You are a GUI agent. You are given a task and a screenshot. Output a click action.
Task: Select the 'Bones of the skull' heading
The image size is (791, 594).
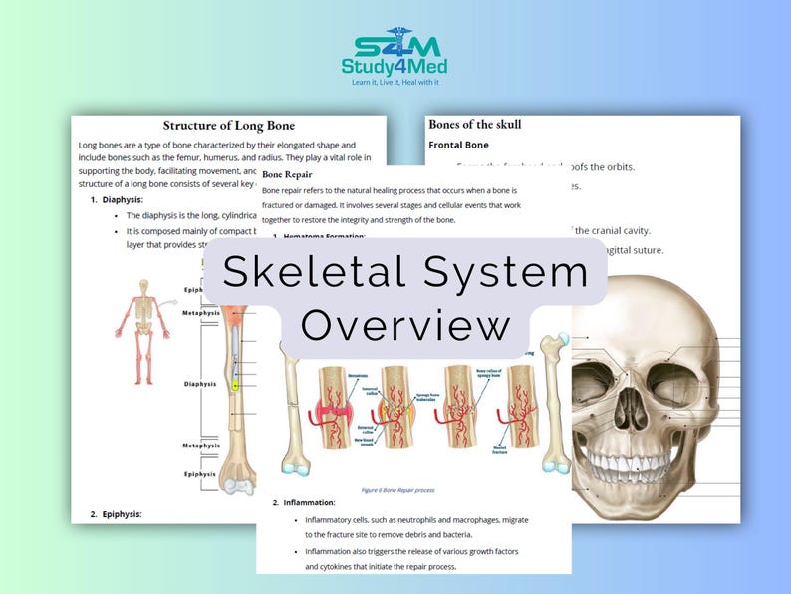coord(474,125)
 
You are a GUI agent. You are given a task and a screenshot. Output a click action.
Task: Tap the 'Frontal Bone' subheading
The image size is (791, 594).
coord(458,145)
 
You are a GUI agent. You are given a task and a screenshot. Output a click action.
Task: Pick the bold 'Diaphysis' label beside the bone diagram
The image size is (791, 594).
coord(200,383)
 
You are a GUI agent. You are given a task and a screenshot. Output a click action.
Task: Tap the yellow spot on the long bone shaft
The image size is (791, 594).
coord(235,385)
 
